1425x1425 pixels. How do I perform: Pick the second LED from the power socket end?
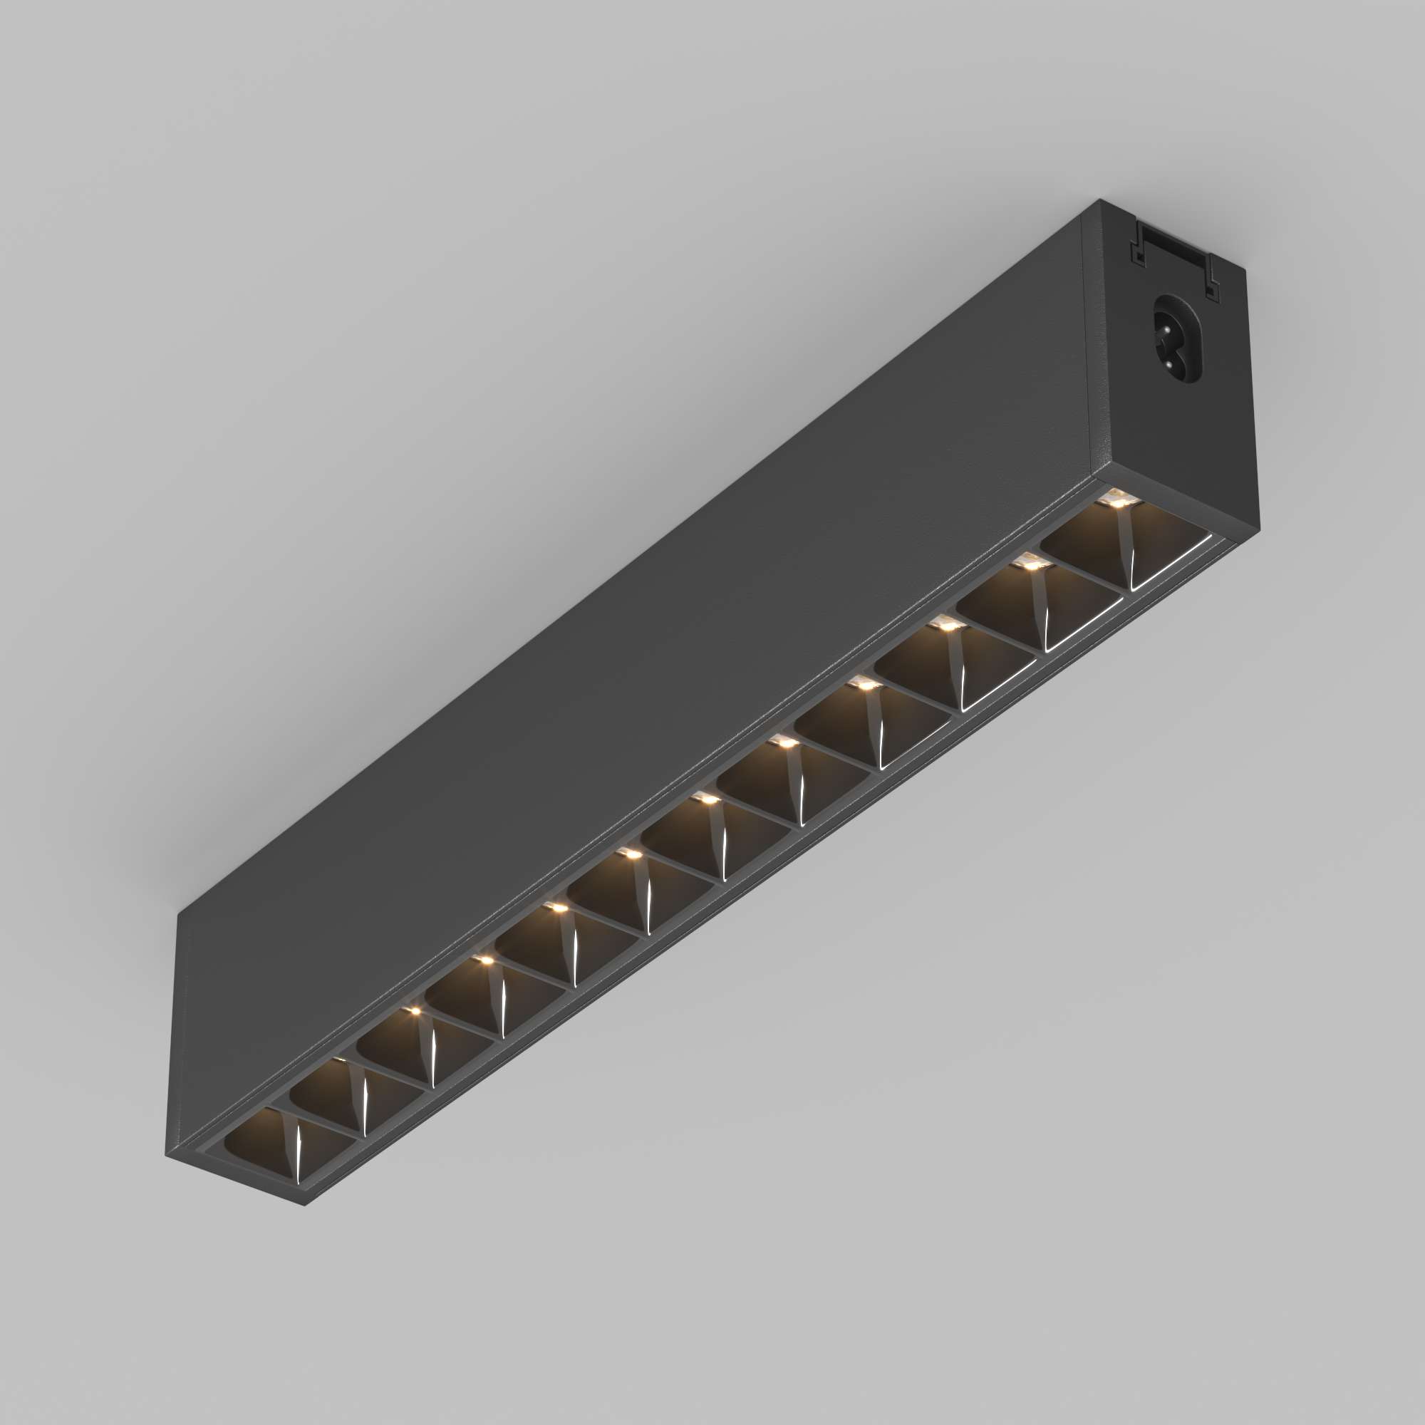[1031, 565]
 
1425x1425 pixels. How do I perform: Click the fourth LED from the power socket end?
[864, 685]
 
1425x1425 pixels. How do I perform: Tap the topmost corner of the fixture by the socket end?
[1102, 199]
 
